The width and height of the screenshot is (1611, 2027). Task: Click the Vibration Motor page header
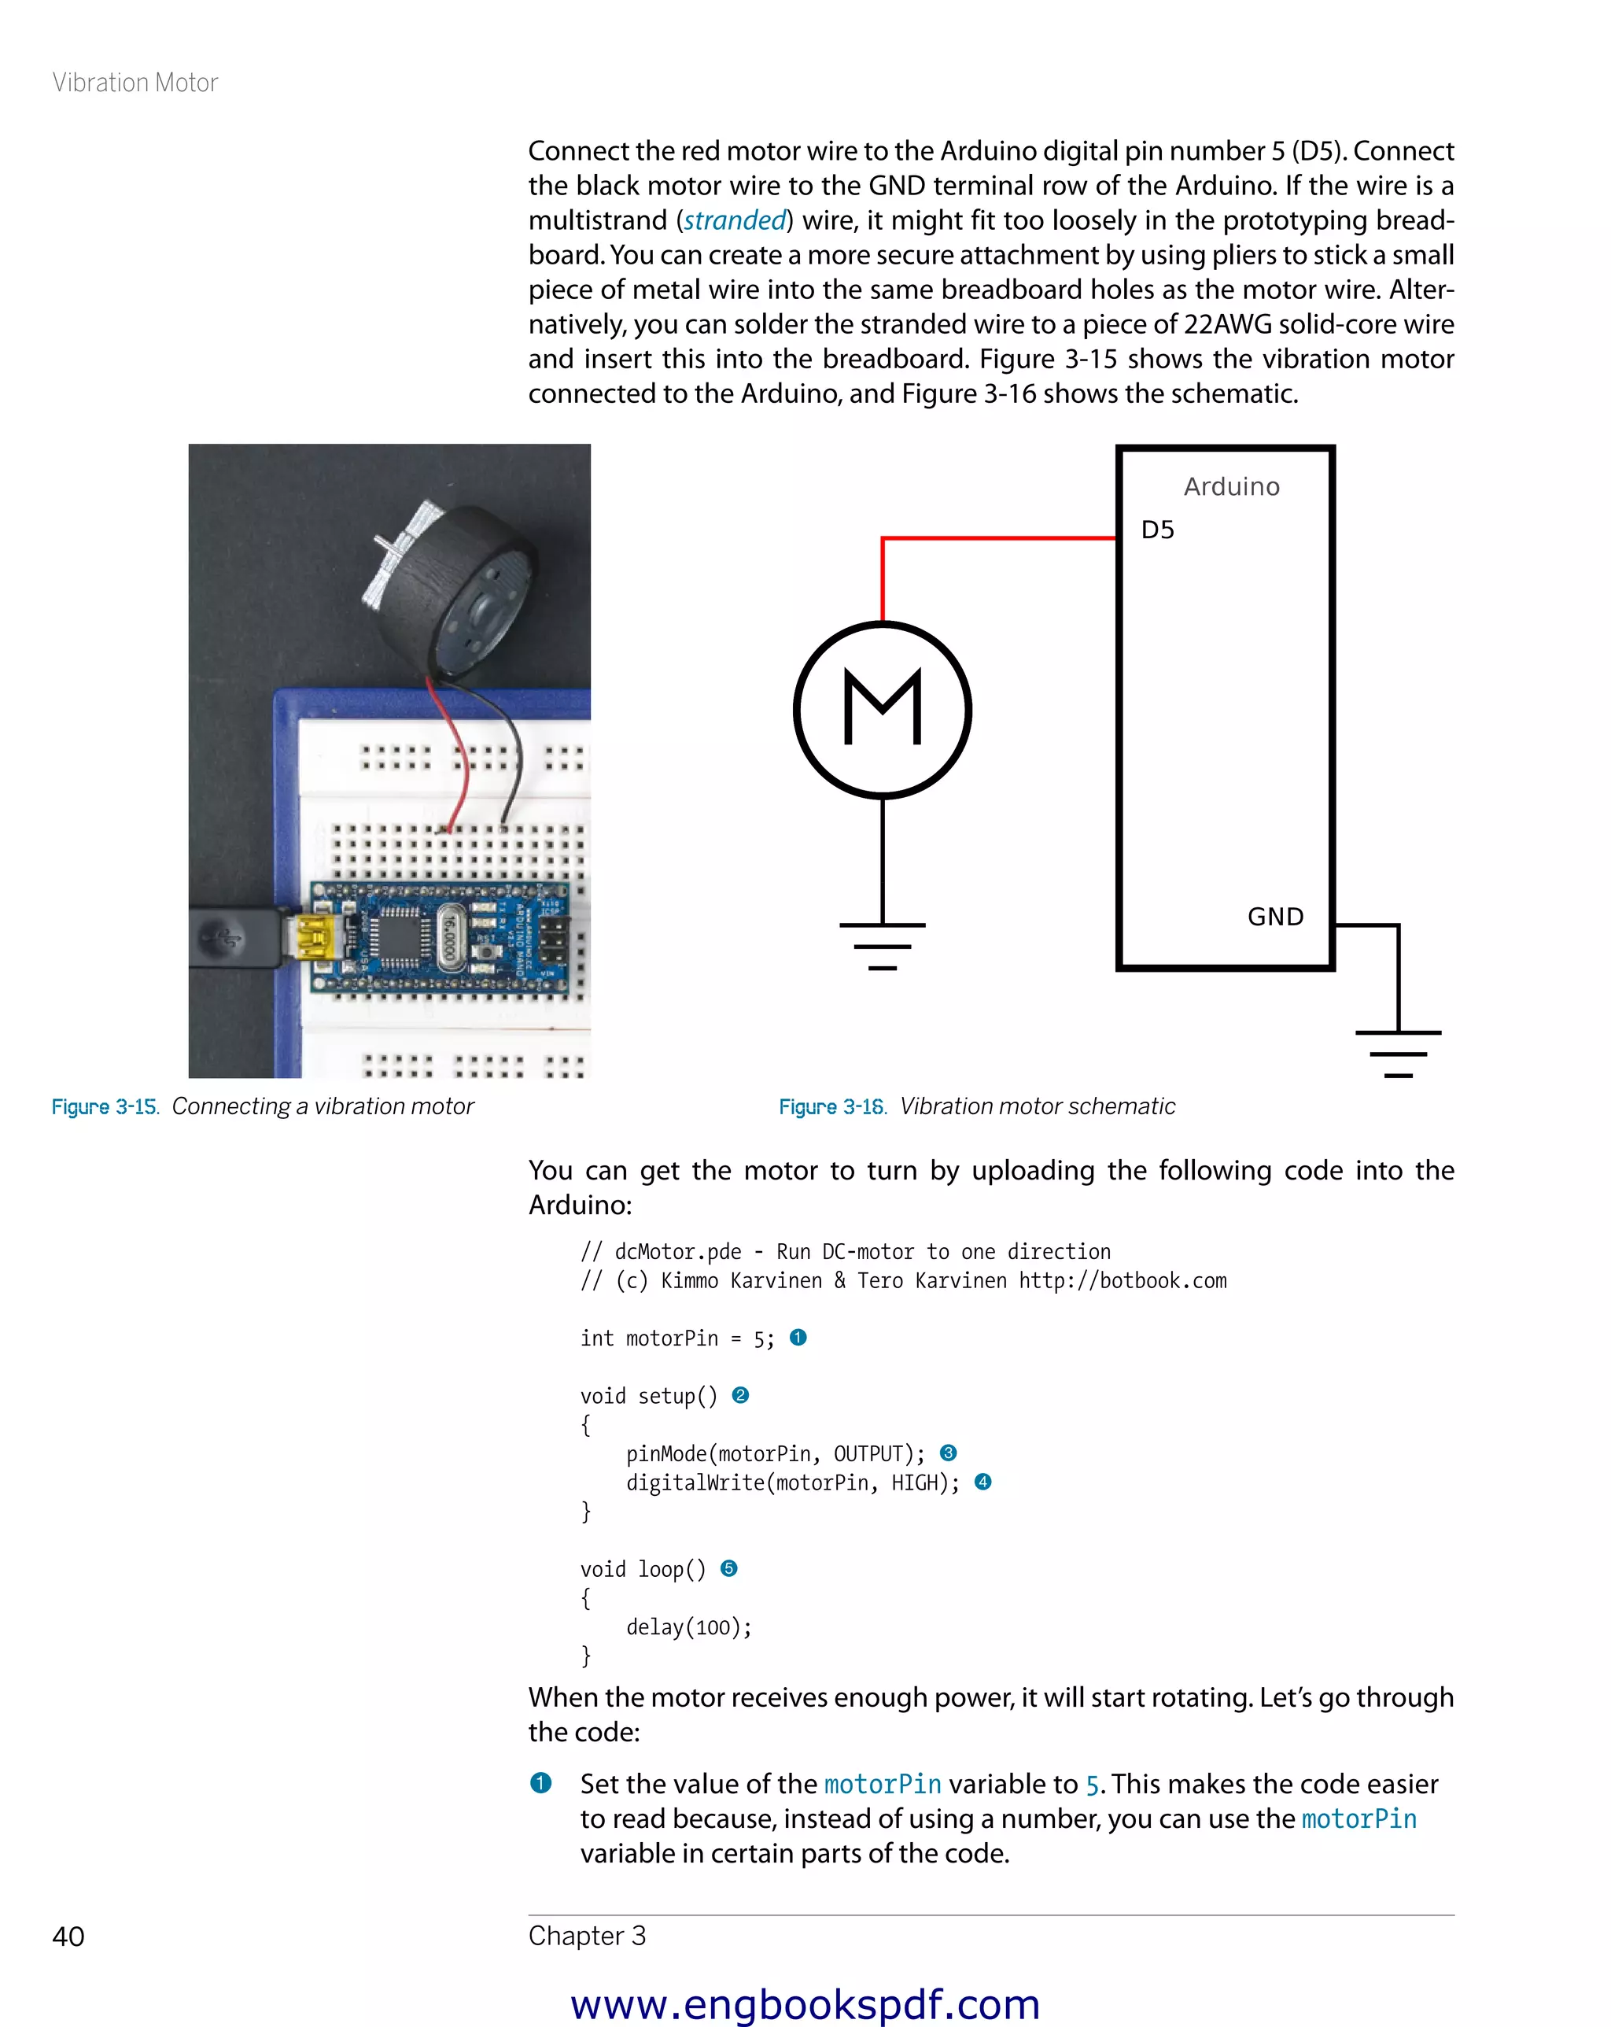(x=135, y=83)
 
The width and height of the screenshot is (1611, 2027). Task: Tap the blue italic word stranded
(x=734, y=220)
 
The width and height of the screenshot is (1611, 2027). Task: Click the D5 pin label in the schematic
(x=1157, y=530)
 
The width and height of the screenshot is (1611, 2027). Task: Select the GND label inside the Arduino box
(x=1274, y=917)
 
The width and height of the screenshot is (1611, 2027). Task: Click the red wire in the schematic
(x=997, y=537)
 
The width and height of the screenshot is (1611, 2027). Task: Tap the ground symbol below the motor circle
(x=882, y=945)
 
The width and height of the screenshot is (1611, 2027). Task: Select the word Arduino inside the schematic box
(x=1231, y=487)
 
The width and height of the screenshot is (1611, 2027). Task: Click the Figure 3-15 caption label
(x=105, y=1106)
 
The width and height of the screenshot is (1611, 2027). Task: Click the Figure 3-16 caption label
(x=831, y=1106)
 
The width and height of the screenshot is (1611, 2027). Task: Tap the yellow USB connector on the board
(x=314, y=938)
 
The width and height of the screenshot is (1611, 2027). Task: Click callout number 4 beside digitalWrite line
(x=983, y=1482)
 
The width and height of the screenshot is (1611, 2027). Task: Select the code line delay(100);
(x=688, y=1626)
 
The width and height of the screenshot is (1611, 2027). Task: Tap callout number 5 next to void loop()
(x=728, y=1568)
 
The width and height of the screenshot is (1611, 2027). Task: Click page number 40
(x=68, y=1936)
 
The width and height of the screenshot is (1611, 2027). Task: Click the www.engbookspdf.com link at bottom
(x=805, y=2003)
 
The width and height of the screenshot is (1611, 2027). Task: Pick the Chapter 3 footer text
(x=587, y=1935)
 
